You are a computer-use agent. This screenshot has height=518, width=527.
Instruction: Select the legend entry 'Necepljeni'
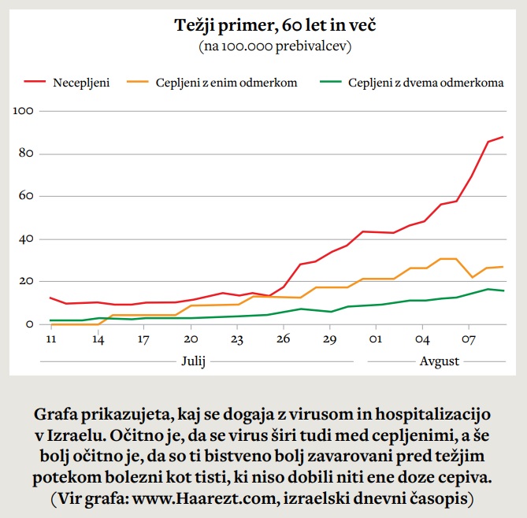(x=80, y=82)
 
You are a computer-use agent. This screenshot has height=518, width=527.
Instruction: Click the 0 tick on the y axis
(x=28, y=324)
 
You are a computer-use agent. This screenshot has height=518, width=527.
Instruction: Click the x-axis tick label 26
(x=284, y=339)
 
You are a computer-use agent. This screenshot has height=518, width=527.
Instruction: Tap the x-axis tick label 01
(x=376, y=339)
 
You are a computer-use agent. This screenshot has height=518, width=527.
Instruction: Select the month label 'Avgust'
(x=440, y=361)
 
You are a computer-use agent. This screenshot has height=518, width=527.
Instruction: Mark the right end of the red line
(x=503, y=137)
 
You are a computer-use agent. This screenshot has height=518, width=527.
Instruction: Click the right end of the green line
(x=503, y=290)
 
